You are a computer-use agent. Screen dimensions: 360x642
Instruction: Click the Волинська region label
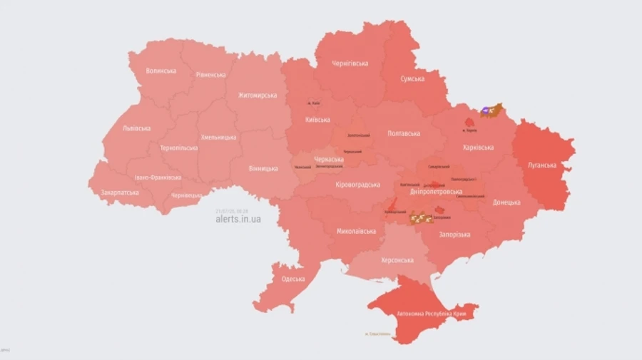(160, 71)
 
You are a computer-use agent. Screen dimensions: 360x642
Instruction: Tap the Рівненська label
(210, 75)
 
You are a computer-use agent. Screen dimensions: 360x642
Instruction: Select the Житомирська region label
(258, 95)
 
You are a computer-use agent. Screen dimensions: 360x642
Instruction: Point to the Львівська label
(136, 128)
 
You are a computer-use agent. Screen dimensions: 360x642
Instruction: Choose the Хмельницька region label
(219, 137)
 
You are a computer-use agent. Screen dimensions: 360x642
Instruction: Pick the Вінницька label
(263, 168)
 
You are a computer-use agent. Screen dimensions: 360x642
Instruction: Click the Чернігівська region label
(350, 63)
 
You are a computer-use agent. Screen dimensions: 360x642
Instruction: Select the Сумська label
(412, 79)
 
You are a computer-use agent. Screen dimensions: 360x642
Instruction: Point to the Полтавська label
(404, 133)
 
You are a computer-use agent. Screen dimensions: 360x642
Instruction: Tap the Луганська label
(542, 165)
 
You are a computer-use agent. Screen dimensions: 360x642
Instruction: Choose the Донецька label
(506, 202)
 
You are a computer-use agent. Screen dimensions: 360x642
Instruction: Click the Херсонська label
(397, 260)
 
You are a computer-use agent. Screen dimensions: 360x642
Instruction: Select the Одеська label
(293, 279)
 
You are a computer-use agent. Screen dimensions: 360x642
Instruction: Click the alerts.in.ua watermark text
(238, 219)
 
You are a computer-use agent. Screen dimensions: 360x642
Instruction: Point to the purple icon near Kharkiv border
(486, 110)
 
